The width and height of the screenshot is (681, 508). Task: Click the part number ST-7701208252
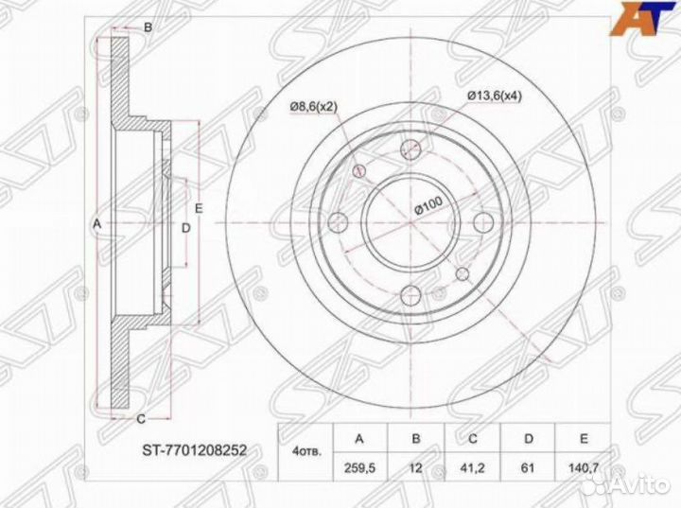(195, 449)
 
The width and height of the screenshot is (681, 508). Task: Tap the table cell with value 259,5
(359, 467)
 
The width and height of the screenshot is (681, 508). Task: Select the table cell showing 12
(415, 467)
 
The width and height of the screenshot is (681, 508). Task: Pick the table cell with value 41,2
(473, 467)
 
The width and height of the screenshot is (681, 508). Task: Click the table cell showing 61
(528, 467)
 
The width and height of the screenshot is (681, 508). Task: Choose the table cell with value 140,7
(584, 467)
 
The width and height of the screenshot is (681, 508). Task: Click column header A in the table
(359, 439)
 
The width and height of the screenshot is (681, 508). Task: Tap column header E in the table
(584, 439)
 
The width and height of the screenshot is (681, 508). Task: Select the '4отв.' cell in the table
(306, 453)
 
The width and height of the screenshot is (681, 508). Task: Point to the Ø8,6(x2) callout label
(314, 107)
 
